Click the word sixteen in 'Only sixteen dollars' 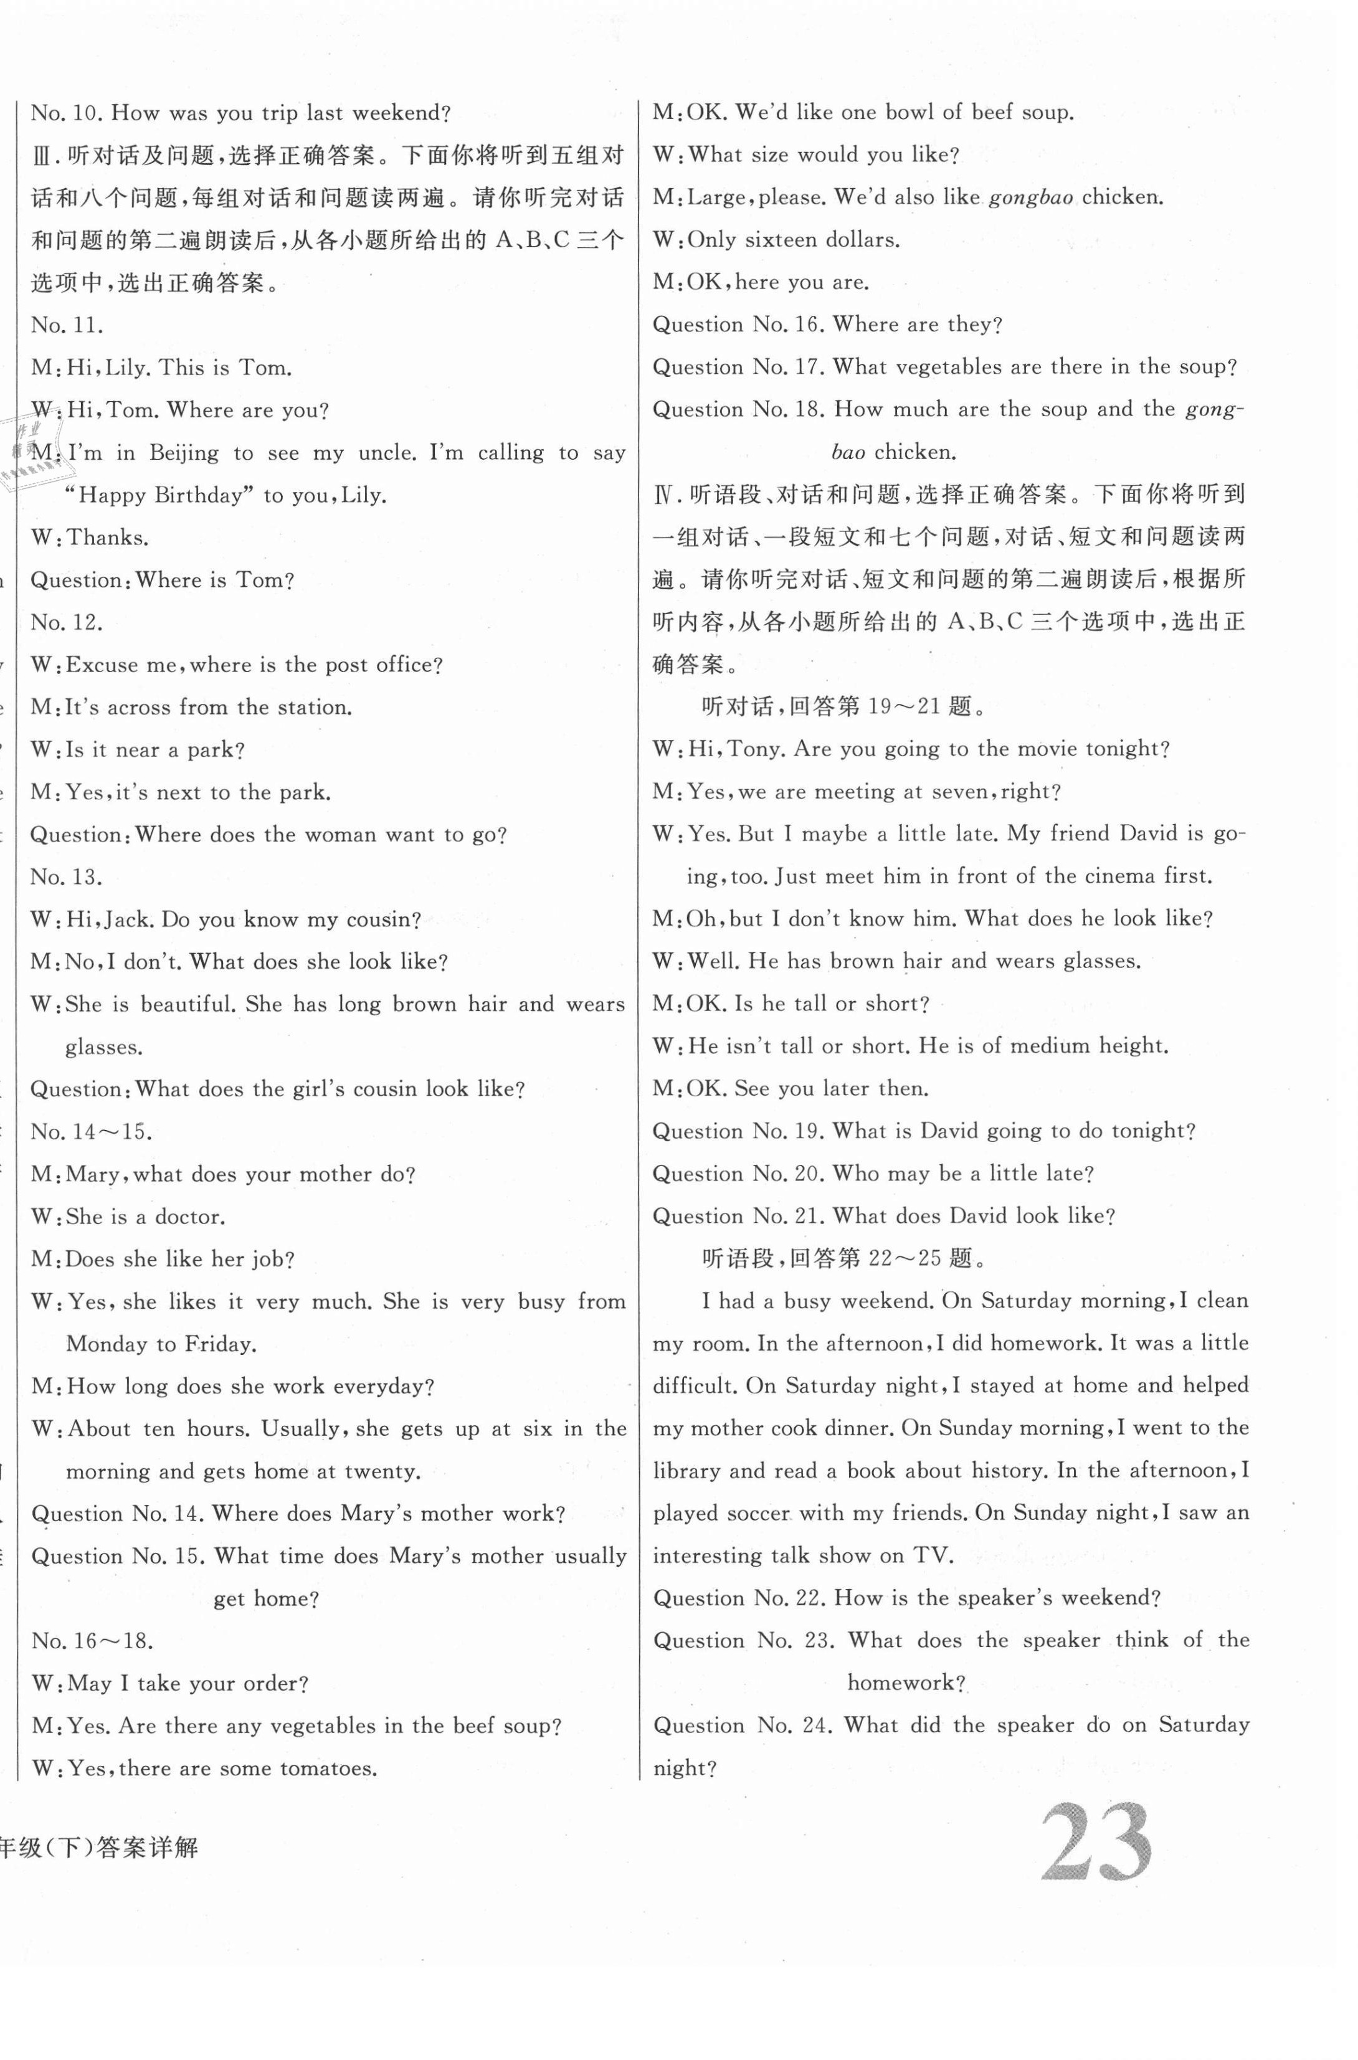click(x=786, y=240)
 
